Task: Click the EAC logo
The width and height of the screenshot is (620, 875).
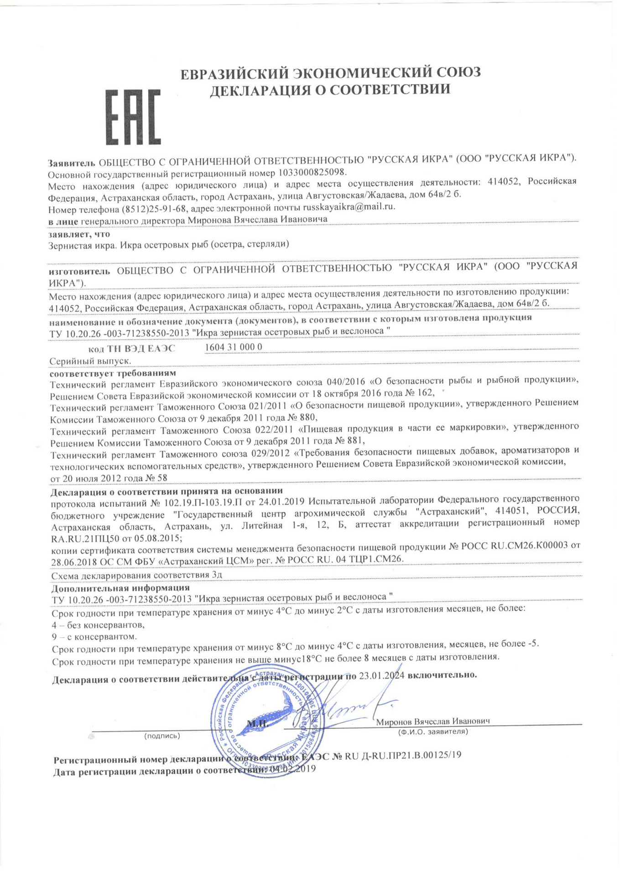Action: coord(133,117)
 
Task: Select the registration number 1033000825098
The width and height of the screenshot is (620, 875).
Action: coord(311,173)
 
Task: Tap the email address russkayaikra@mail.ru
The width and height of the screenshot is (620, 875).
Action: coord(349,207)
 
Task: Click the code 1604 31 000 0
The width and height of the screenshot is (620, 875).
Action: coord(234,347)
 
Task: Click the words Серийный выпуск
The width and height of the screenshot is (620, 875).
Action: coord(90,361)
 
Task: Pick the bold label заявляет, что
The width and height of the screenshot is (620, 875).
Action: coord(79,234)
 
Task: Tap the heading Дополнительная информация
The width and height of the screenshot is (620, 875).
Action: coord(120,588)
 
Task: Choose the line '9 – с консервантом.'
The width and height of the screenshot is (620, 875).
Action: coord(94,637)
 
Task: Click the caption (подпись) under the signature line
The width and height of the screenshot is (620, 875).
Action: coord(162,736)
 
